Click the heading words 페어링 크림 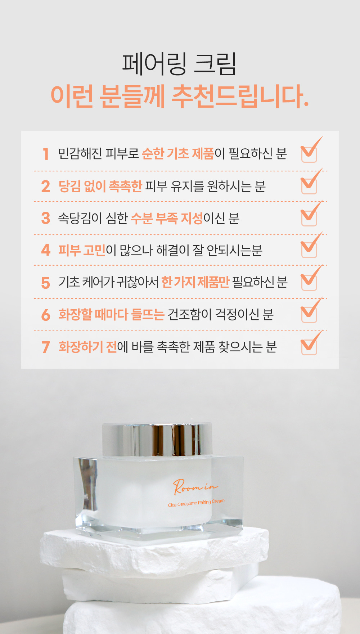(x=179, y=64)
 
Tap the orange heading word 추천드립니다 (x=240, y=96)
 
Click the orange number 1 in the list (x=46, y=154)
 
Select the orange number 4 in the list (x=46, y=250)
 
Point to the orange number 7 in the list (x=46, y=347)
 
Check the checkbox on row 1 (x=309, y=154)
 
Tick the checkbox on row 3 (x=309, y=218)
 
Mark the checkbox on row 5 (x=309, y=282)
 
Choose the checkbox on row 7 (x=309, y=347)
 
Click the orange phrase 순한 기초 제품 (x=178, y=154)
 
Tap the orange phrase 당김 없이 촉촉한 (x=100, y=186)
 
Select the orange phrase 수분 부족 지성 (x=167, y=218)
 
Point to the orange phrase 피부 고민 (x=82, y=250)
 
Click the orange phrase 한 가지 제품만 (x=195, y=282)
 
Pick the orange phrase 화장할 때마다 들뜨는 (x=112, y=314)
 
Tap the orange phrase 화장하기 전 (x=88, y=347)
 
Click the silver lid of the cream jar (x=157, y=440)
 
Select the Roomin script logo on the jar (x=195, y=487)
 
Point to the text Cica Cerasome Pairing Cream (x=196, y=503)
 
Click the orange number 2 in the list (x=46, y=186)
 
